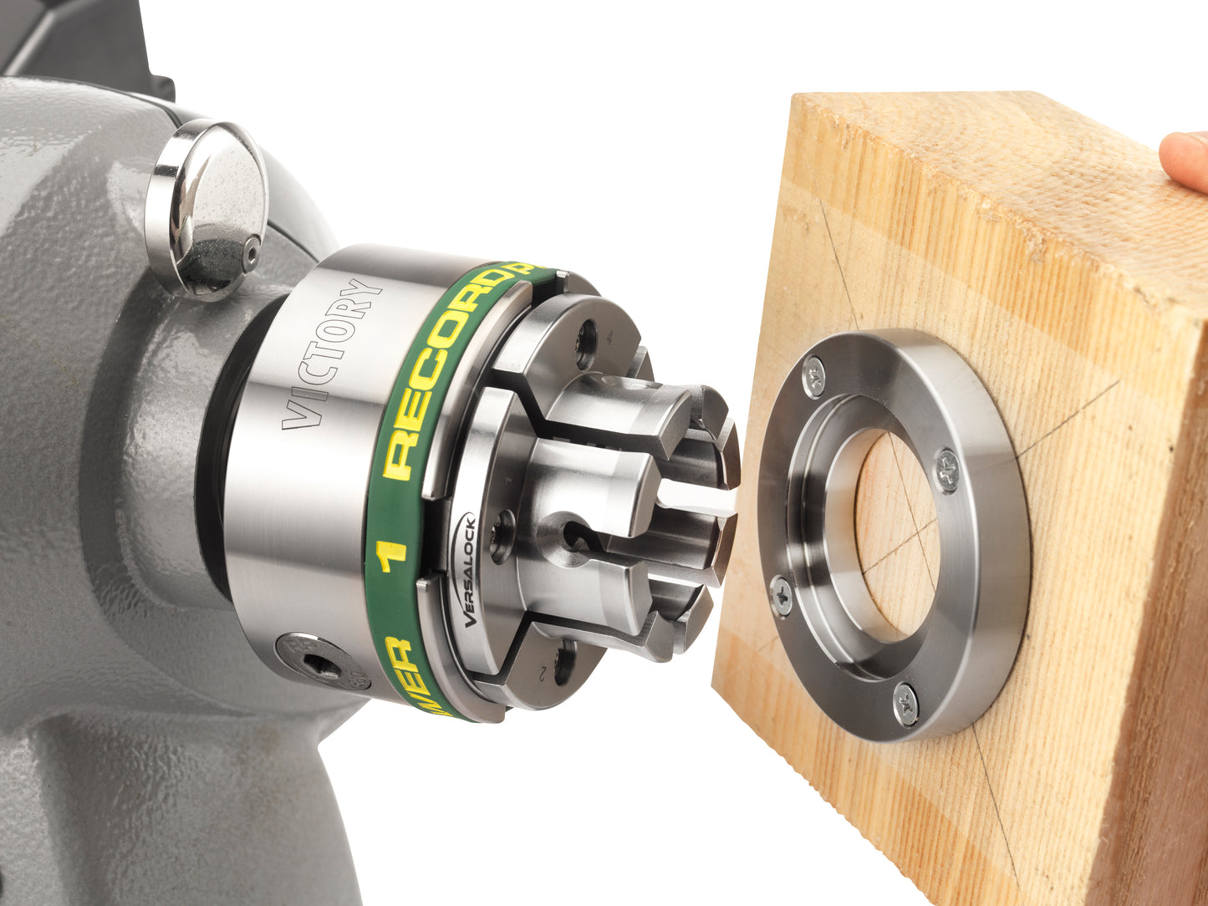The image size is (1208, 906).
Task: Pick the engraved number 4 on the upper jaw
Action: [x=611, y=338]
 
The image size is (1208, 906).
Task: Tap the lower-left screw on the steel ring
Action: [x=782, y=594]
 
